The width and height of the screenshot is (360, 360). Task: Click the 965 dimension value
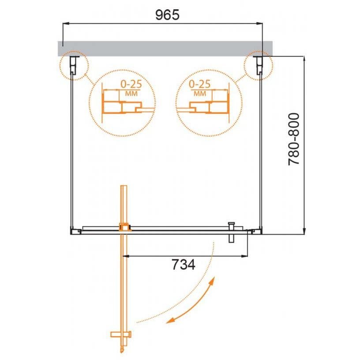pyautogui.click(x=167, y=15)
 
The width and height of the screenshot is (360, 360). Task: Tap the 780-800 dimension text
pyautogui.click(x=294, y=139)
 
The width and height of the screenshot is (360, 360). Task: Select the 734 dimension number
pyautogui.click(x=184, y=265)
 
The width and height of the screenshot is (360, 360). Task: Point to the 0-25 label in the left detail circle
pyautogui.click(x=131, y=84)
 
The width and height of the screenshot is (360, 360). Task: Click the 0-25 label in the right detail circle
pyautogui.click(x=199, y=84)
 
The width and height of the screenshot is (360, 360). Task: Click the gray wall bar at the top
pyautogui.click(x=165, y=49)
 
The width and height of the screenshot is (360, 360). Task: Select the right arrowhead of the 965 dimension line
pyautogui.click(x=259, y=23)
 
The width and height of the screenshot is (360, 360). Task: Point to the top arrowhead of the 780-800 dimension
pyautogui.click(x=304, y=59)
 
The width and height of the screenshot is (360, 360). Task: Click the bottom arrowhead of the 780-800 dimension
pyautogui.click(x=304, y=231)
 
